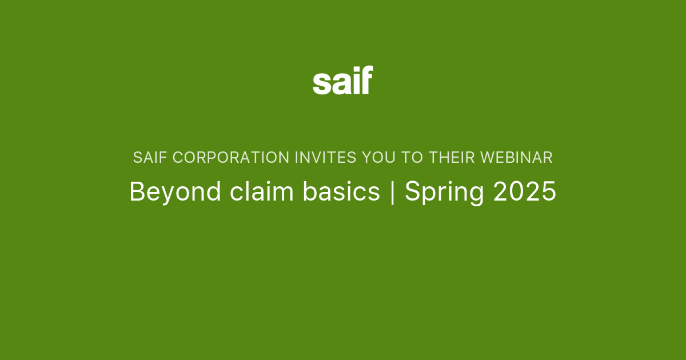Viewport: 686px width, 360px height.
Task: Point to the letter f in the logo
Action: coord(366,80)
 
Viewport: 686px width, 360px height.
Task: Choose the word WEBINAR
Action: coord(517,158)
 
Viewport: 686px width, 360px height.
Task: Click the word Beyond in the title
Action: coord(175,192)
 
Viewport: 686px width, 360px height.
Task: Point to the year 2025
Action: coord(525,192)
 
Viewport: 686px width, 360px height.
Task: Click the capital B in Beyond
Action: coord(137,192)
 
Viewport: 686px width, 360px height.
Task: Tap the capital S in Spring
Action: coord(412,192)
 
